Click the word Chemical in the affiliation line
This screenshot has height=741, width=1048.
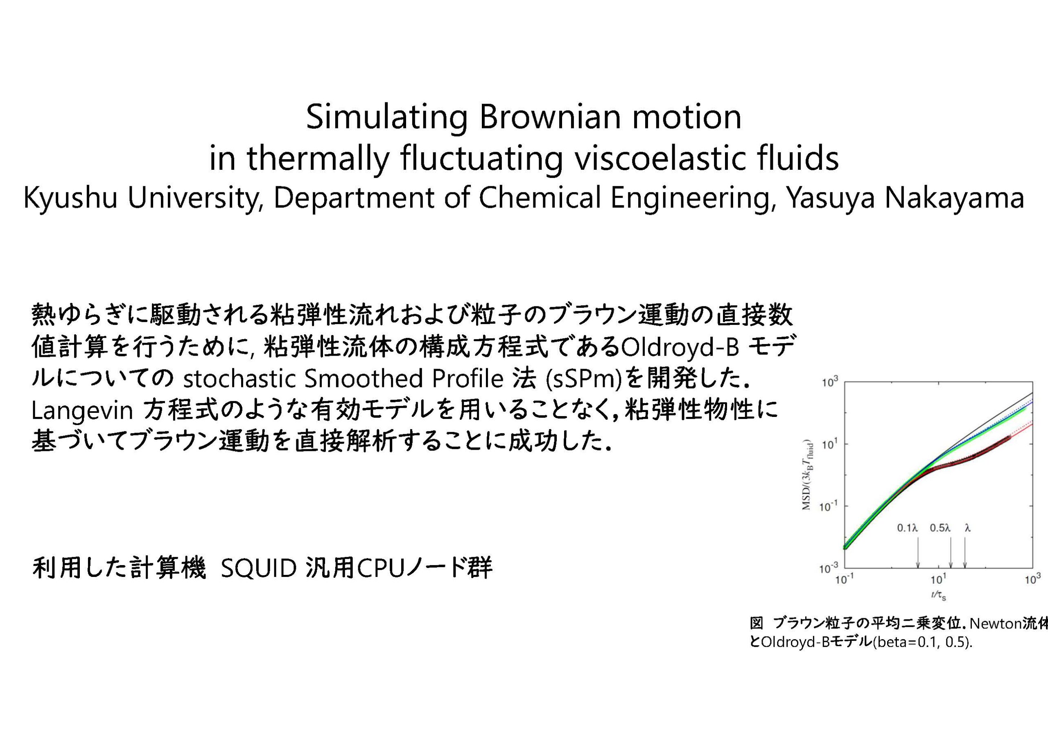pyautogui.click(x=540, y=198)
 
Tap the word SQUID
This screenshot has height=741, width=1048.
pyautogui.click(x=259, y=568)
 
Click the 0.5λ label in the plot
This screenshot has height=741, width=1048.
pyautogui.click(x=940, y=528)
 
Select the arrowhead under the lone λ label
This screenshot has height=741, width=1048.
pyautogui.click(x=965, y=566)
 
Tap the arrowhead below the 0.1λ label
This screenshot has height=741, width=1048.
pyautogui.click(x=918, y=566)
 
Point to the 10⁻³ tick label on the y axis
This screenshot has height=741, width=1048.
pyautogui.click(x=829, y=568)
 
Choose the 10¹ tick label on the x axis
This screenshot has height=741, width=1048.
pyautogui.click(x=938, y=579)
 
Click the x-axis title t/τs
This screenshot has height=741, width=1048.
pyautogui.click(x=938, y=595)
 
